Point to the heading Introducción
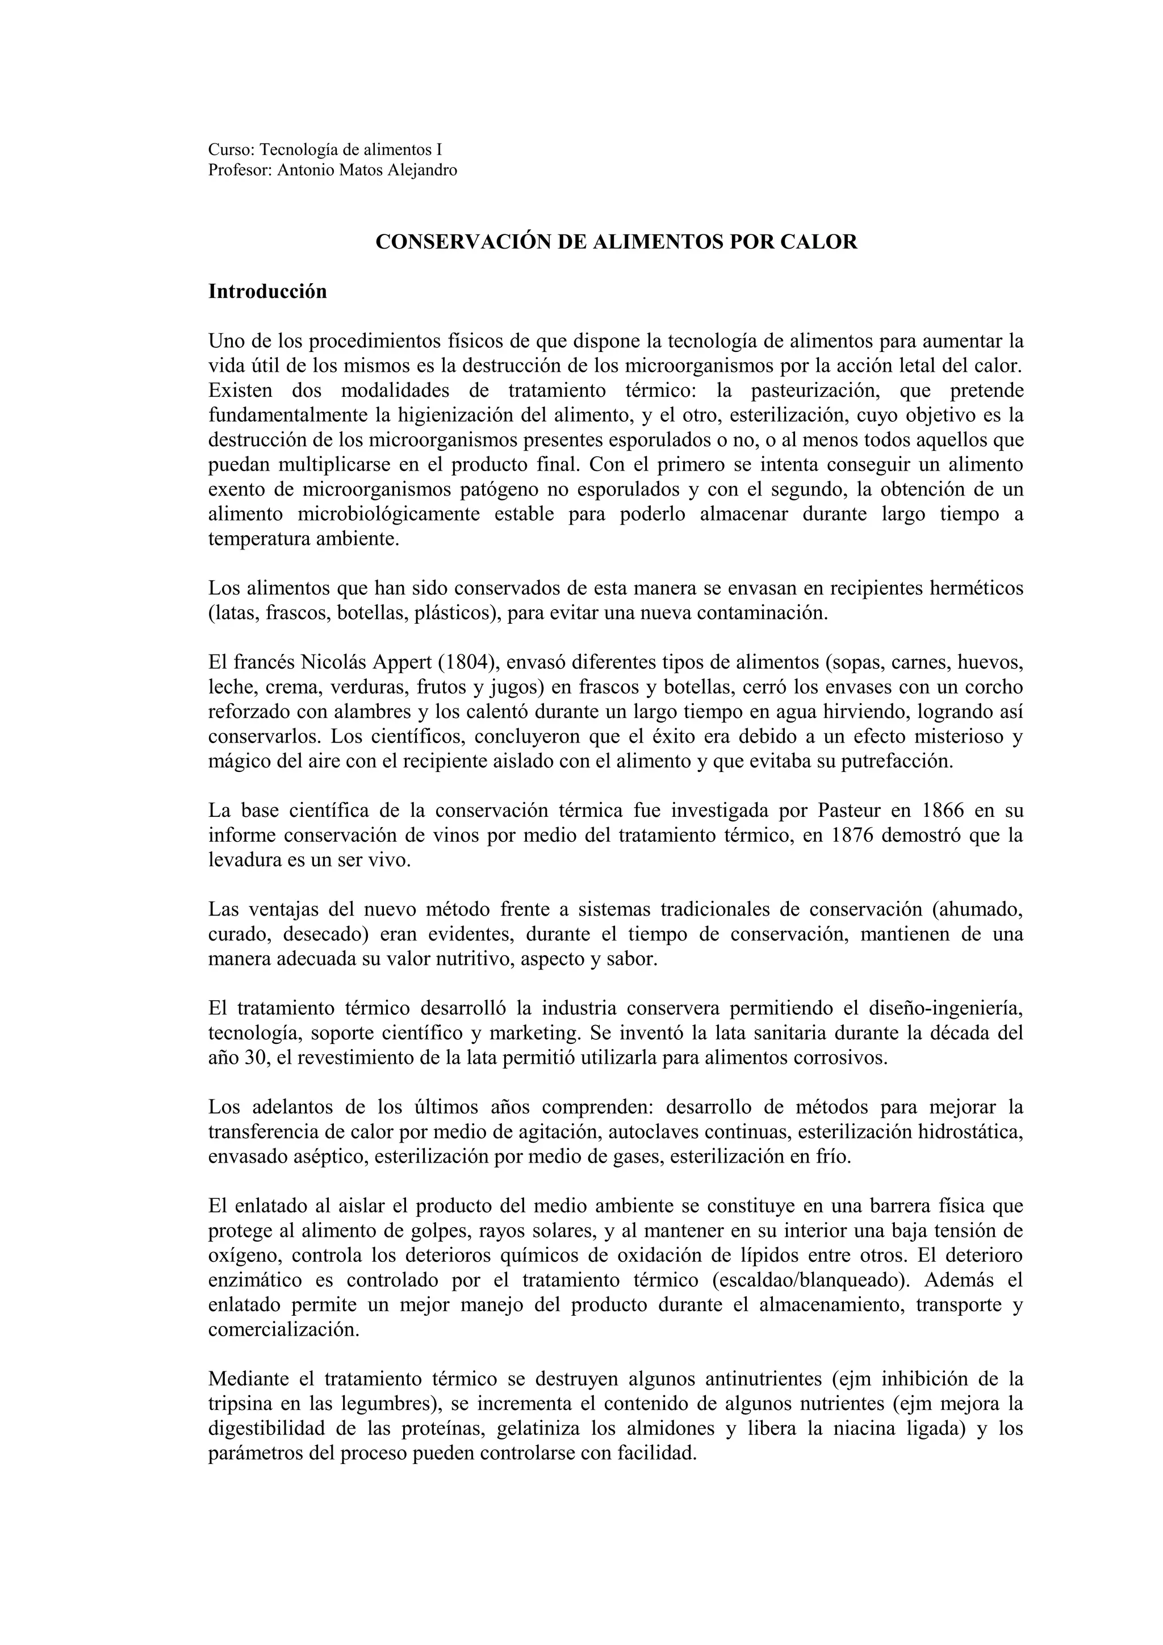[267, 292]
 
